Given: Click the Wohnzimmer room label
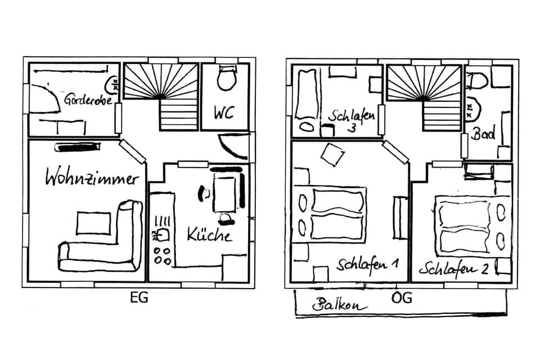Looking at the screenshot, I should click(x=92, y=179).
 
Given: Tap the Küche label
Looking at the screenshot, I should click(x=209, y=233).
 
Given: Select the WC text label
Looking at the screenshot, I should click(x=223, y=111).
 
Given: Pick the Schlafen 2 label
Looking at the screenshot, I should click(x=453, y=268).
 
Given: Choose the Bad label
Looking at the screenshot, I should click(x=483, y=134).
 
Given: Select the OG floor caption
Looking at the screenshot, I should click(x=401, y=298).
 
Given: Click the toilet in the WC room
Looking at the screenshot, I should click(x=227, y=78).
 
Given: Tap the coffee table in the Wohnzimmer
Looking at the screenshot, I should click(x=93, y=223).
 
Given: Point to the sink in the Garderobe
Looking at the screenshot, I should click(x=112, y=85).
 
